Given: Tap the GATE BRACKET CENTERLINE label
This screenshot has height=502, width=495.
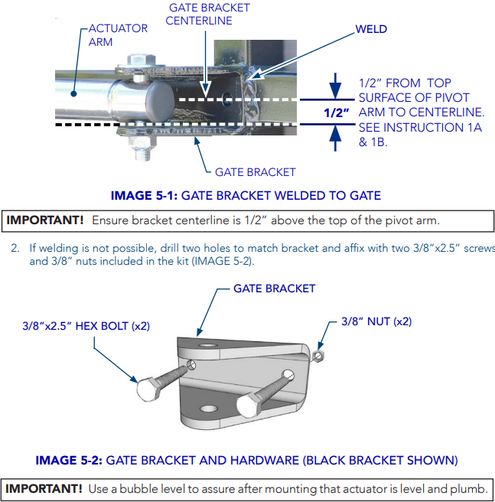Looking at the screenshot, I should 208,14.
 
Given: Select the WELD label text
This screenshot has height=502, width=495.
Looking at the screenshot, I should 371,29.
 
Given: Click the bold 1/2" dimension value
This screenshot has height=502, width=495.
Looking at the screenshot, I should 336,113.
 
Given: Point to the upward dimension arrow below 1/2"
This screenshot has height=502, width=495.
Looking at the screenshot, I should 335,137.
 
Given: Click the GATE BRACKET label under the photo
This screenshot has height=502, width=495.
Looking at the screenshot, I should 255,171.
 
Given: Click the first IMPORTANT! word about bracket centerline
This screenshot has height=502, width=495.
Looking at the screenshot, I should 45,220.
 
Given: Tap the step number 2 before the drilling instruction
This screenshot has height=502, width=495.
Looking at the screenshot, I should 15,248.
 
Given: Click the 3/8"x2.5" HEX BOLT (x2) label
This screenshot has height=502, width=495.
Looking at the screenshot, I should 86,326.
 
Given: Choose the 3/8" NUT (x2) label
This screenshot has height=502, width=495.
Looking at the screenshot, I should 376,322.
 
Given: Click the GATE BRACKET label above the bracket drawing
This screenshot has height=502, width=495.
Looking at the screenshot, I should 274,288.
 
